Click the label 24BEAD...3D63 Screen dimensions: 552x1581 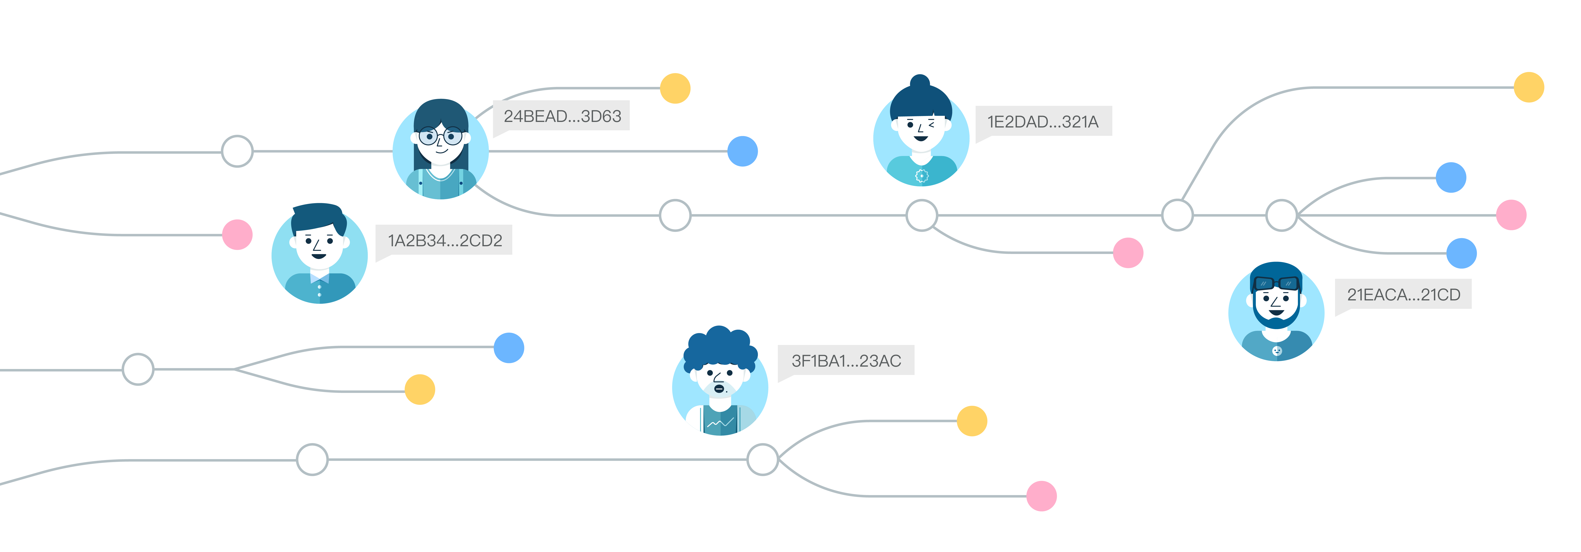point(562,116)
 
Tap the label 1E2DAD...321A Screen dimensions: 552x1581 point(1043,122)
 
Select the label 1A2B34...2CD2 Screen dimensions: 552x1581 point(444,240)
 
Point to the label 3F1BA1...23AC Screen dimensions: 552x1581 point(846,360)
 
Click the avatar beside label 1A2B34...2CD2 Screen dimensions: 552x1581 point(319,255)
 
